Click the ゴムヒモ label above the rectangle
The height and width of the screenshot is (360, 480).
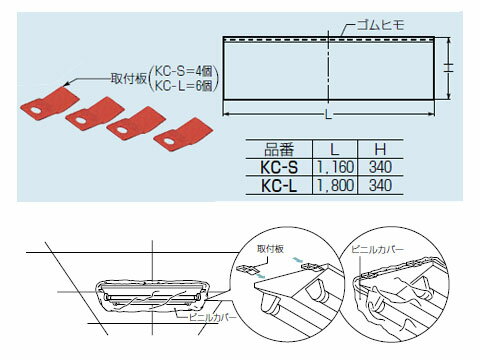pyautogui.click(x=380, y=25)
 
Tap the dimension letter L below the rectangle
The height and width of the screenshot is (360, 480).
pyautogui.click(x=329, y=115)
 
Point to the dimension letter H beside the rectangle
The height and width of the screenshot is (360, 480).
pyautogui.click(x=449, y=68)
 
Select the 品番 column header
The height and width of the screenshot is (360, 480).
pyautogui.click(x=279, y=150)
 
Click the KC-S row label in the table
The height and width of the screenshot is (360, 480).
pyautogui.click(x=279, y=167)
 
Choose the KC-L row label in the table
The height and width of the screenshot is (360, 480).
pyautogui.click(x=279, y=185)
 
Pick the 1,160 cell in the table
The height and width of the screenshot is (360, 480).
pyautogui.click(x=335, y=167)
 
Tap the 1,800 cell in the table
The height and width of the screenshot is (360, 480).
pyautogui.click(x=335, y=185)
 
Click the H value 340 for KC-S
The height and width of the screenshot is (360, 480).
pyautogui.click(x=380, y=167)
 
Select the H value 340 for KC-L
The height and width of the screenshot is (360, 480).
pyautogui.click(x=380, y=185)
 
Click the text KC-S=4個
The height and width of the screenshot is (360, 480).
pyautogui.click(x=184, y=71)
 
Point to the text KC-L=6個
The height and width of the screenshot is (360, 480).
pyautogui.click(x=184, y=86)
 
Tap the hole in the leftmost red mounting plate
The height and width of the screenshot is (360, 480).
pyautogui.click(x=35, y=110)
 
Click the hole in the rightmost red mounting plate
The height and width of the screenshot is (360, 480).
pyautogui.click(x=169, y=141)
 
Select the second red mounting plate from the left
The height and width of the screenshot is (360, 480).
pyautogui.click(x=95, y=113)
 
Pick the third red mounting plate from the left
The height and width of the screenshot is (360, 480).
pyautogui.click(x=136, y=124)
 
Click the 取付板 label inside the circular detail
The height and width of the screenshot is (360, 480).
pyautogui.click(x=270, y=249)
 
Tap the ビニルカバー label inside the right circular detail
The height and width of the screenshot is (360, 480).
pyautogui.click(x=377, y=250)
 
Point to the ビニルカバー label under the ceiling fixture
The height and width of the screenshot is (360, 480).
pyautogui.click(x=212, y=317)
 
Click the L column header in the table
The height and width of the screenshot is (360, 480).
pyautogui.click(x=335, y=150)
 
